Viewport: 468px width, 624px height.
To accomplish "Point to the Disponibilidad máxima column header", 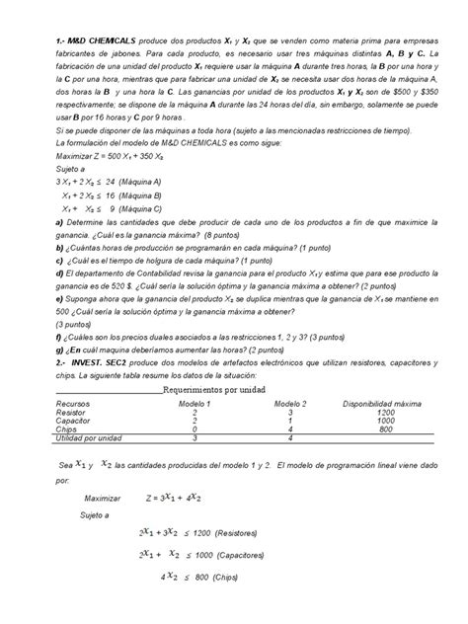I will pos(385,404).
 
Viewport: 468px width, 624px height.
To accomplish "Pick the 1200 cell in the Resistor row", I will pos(385,412).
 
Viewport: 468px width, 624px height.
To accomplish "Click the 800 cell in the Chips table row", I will pos(385,429).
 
